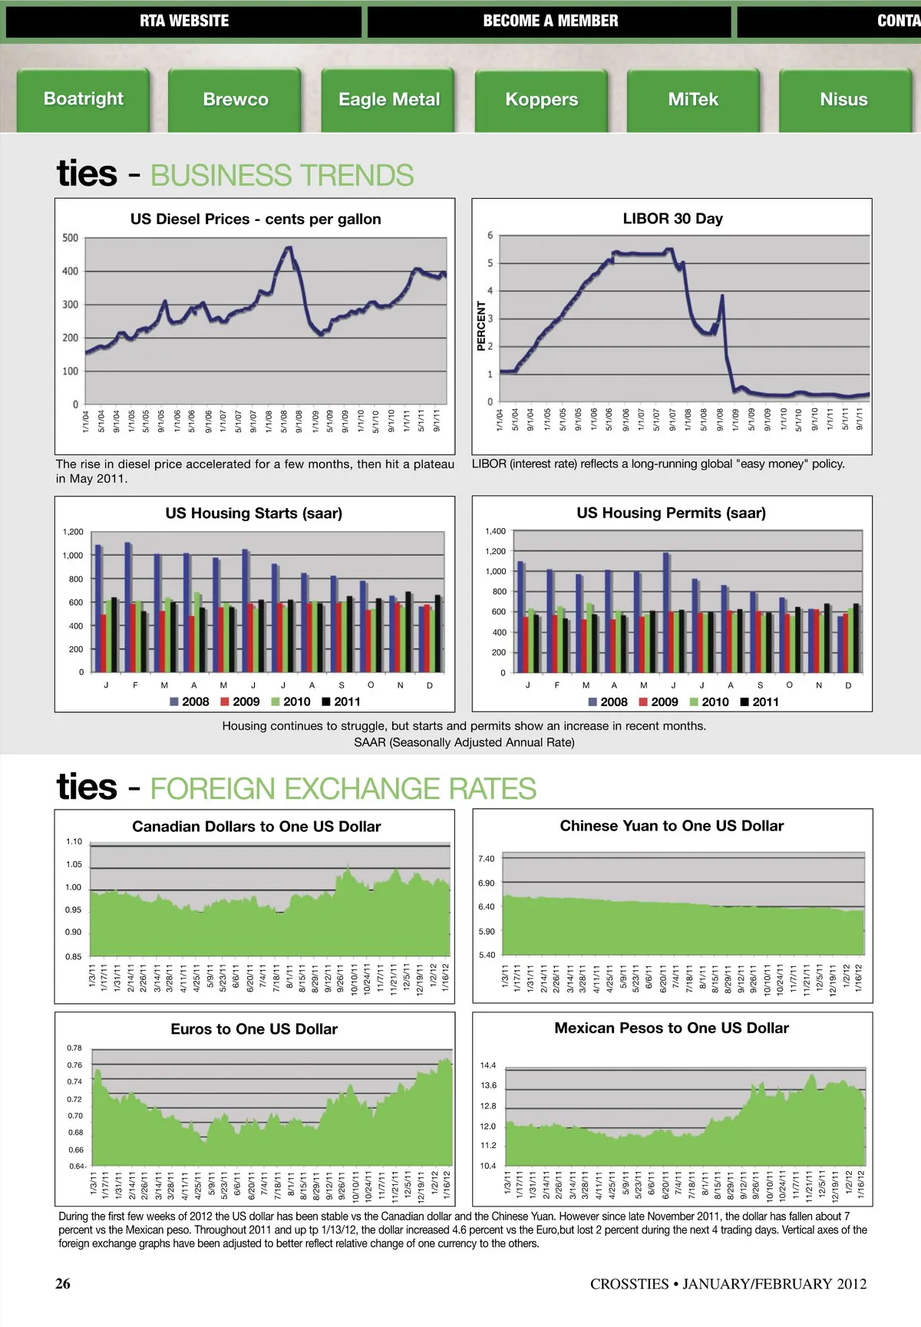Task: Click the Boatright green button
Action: pyautogui.click(x=83, y=99)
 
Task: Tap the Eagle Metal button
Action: pyautogui.click(x=388, y=100)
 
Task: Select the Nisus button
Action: pyautogui.click(x=843, y=100)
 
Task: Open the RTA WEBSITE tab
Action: pyautogui.click(x=184, y=21)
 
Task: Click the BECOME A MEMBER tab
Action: pyautogui.click(x=550, y=21)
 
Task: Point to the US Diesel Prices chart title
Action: pyautogui.click(x=256, y=219)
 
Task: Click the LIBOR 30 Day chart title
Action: pyautogui.click(x=672, y=219)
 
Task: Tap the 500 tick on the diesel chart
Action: pyautogui.click(x=71, y=238)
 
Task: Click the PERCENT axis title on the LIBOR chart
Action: pyautogui.click(x=482, y=326)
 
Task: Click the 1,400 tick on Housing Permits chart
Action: pyautogui.click(x=495, y=531)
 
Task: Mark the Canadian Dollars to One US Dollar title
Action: pyautogui.click(x=256, y=827)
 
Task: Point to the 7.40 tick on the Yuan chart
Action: pyautogui.click(x=487, y=859)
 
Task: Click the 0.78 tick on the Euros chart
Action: pyautogui.click(x=74, y=1048)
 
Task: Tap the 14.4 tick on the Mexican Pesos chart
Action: pyautogui.click(x=488, y=1065)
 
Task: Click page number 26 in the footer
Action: pyautogui.click(x=63, y=1283)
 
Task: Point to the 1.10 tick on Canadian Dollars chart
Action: pyautogui.click(x=74, y=842)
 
